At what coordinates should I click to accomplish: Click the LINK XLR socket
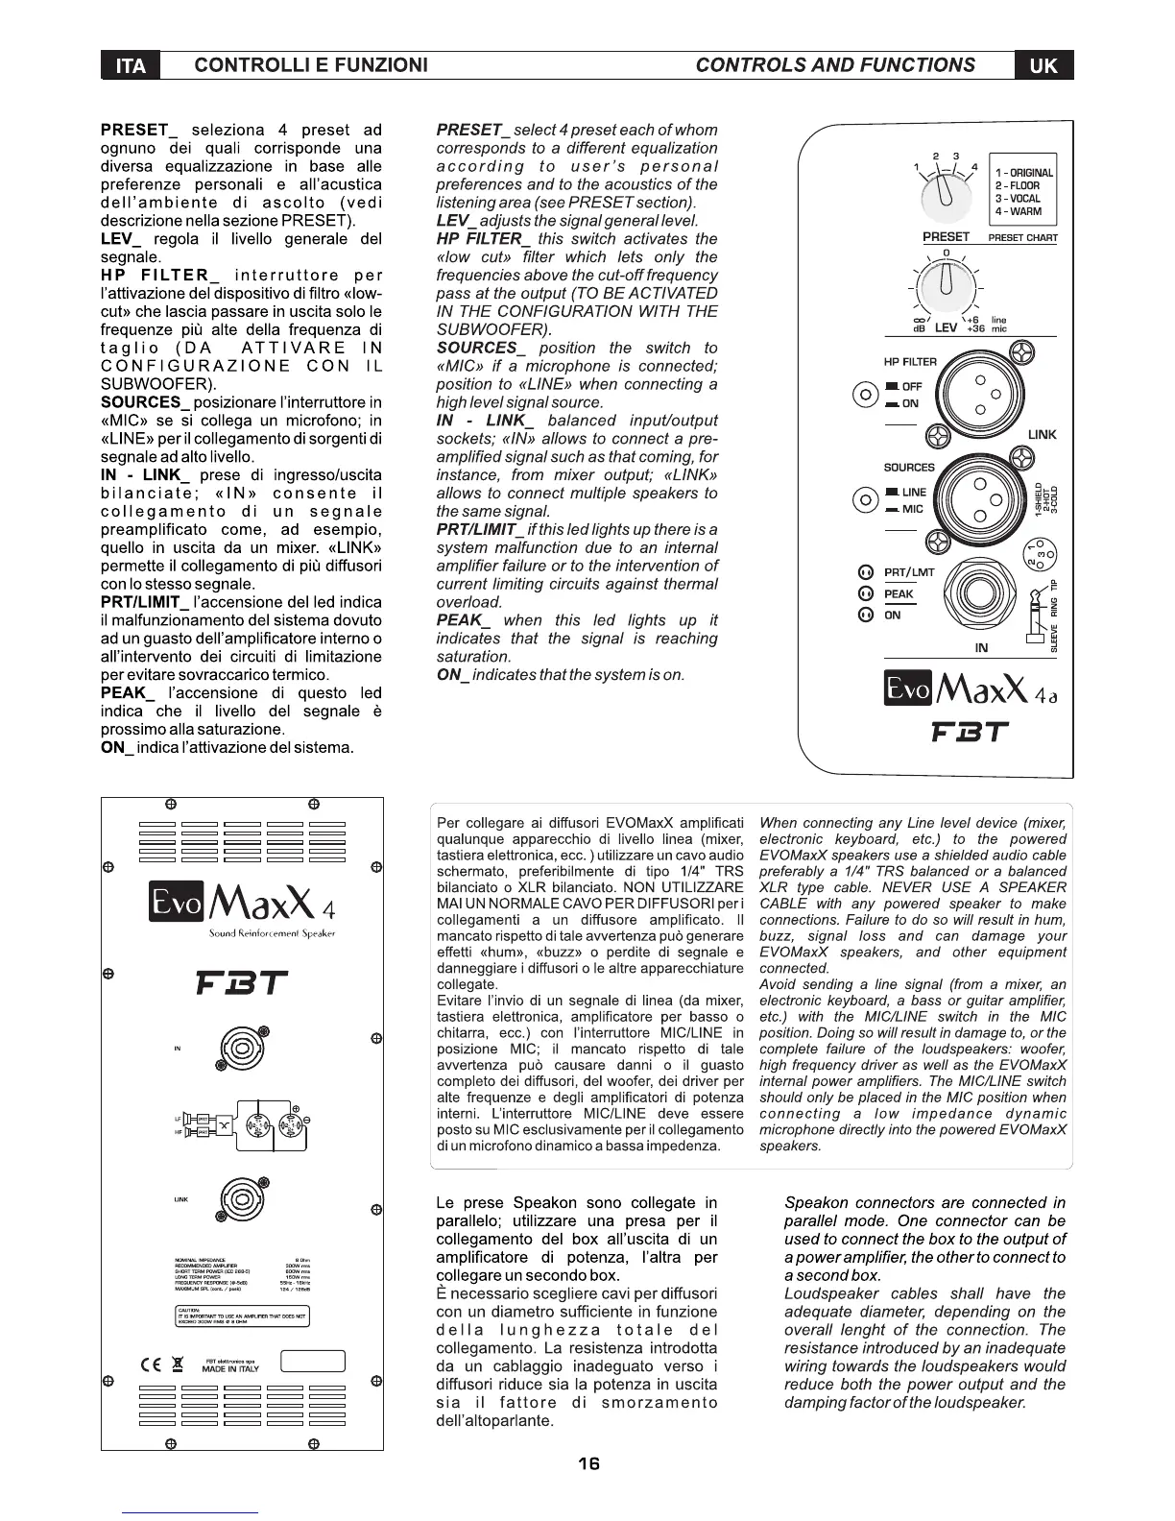(x=980, y=392)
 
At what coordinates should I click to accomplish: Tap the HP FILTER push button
(x=866, y=394)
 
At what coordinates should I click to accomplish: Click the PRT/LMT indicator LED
(x=863, y=572)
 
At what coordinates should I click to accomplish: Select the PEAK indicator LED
(x=863, y=593)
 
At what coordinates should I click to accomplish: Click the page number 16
(x=588, y=1463)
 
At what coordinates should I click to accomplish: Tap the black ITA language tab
(x=130, y=65)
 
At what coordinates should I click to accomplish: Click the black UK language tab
(x=1043, y=65)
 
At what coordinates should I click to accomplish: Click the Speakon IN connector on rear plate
(x=234, y=1047)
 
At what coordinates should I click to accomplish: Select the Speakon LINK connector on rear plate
(x=234, y=1199)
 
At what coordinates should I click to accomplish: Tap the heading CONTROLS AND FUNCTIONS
(x=834, y=65)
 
